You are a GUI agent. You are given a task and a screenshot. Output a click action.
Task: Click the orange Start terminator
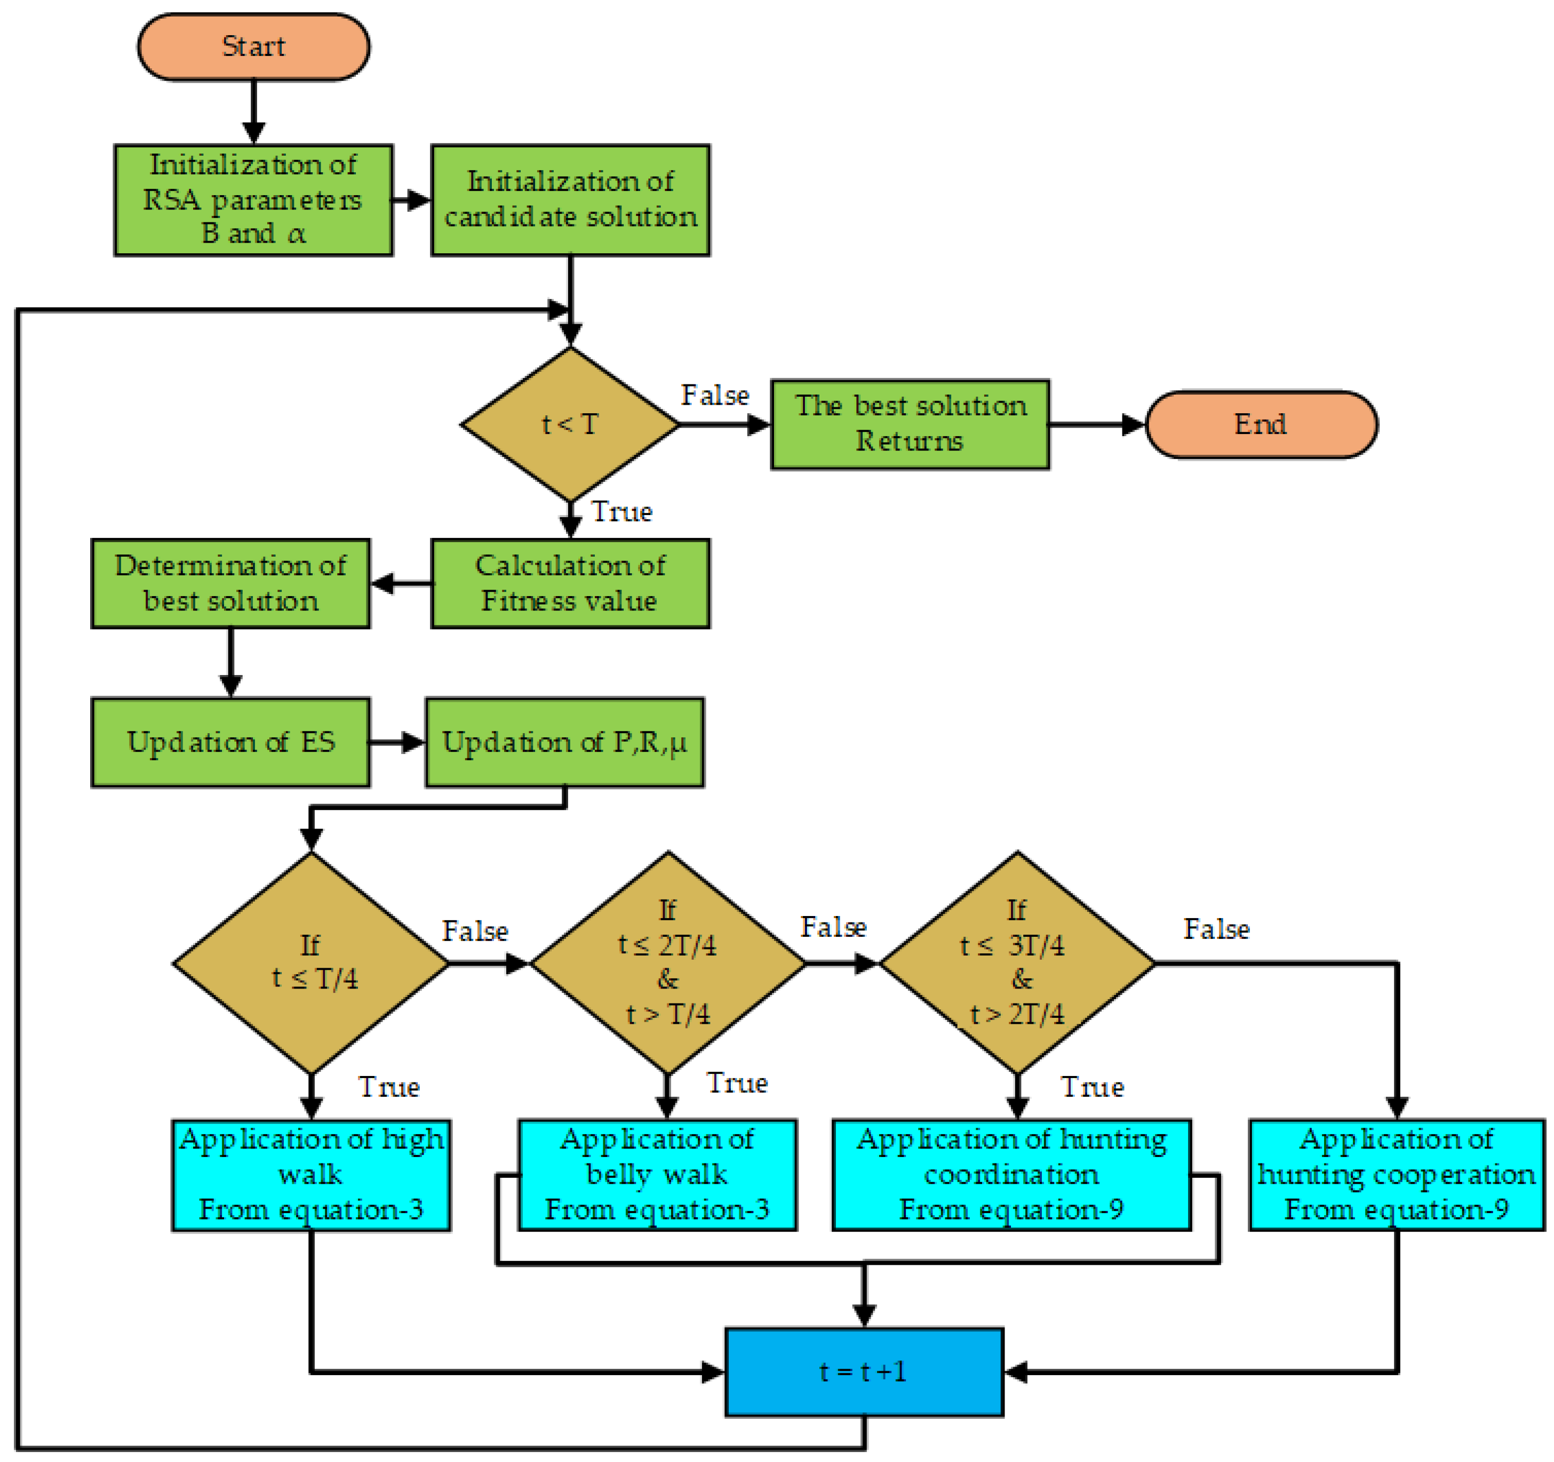coord(253,47)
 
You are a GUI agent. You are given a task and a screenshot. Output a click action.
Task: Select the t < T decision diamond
coord(570,424)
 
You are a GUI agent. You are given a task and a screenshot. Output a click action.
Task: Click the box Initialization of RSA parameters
coord(253,200)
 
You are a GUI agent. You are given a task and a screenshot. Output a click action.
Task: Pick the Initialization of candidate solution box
coord(570,200)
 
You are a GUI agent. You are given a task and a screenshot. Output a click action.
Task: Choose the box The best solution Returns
coord(910,424)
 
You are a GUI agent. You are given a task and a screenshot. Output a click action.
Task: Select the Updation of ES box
coord(230,742)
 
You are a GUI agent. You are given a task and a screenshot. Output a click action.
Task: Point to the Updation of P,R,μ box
coord(564,742)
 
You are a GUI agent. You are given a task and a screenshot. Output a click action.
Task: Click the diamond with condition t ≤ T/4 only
coord(311,963)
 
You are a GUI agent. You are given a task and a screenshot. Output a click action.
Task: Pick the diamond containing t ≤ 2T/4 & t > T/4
coord(667,963)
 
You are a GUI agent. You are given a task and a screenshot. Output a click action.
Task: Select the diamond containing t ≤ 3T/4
coord(1016,963)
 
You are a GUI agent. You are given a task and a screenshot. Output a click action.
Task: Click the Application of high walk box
coord(311,1175)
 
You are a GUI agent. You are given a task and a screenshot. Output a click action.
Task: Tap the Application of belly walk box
coord(657,1175)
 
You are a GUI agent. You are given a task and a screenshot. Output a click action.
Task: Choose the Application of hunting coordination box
coord(1011,1175)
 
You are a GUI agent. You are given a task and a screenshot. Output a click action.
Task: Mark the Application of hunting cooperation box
coord(1396,1175)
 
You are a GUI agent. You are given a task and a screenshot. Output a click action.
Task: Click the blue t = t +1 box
coord(864,1372)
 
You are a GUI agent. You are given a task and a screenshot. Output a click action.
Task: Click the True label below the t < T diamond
coord(621,512)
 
